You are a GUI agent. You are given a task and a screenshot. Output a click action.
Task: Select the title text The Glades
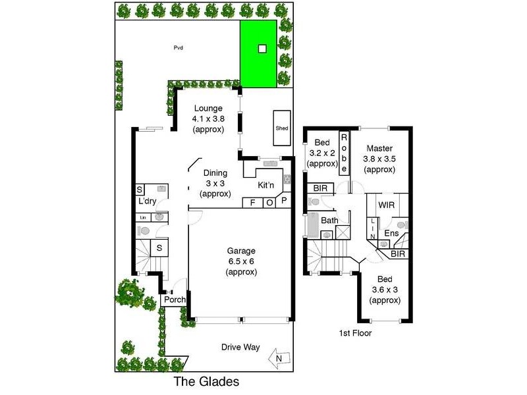(x=205, y=382)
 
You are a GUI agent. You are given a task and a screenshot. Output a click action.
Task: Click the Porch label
(x=175, y=300)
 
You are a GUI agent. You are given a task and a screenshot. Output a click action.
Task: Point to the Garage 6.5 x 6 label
(x=240, y=261)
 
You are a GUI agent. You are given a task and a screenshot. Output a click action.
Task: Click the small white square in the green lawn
(x=262, y=48)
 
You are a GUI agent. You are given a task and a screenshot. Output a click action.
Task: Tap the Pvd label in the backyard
(x=178, y=47)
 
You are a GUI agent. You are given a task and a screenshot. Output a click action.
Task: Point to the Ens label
(x=391, y=234)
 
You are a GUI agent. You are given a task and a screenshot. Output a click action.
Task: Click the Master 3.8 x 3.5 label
(x=379, y=159)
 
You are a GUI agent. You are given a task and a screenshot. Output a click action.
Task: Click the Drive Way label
(x=240, y=347)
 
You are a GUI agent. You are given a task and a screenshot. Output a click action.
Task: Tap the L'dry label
(x=147, y=201)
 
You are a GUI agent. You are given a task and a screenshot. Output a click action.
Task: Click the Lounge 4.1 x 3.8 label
(x=208, y=119)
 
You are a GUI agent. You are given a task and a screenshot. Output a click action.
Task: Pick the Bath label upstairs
(x=329, y=221)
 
